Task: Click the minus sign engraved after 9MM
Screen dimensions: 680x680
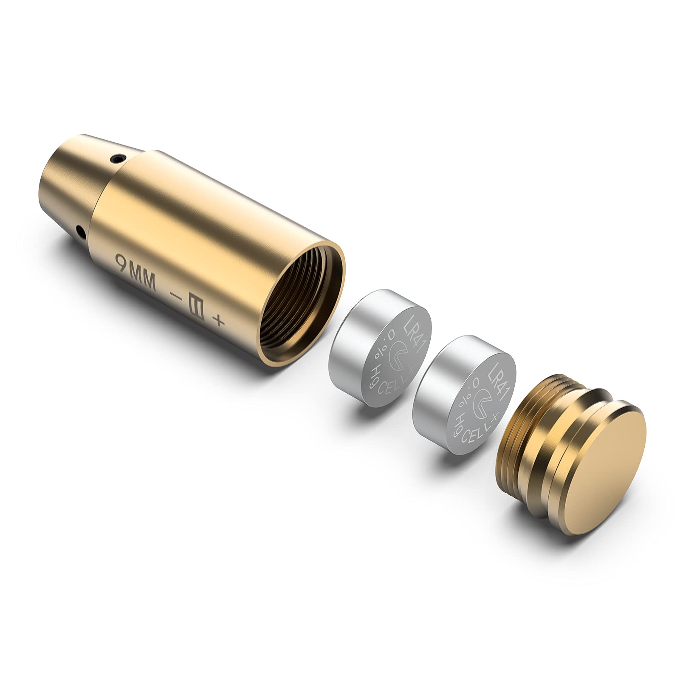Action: [x=175, y=294]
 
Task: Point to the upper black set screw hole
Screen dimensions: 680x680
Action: [x=116, y=160]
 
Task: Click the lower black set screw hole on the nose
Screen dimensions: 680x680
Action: [x=80, y=231]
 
